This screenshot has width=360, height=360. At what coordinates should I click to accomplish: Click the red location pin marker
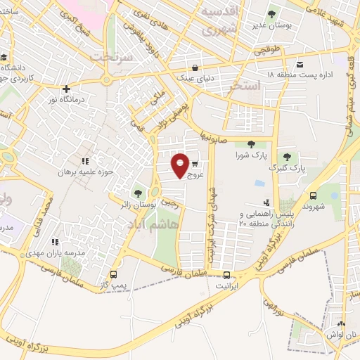pos(181,165)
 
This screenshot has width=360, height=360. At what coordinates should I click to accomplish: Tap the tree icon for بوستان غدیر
pos(272,13)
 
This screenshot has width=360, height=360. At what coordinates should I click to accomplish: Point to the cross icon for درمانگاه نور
pos(66,89)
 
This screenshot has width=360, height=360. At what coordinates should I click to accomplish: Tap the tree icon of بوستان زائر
pos(137,191)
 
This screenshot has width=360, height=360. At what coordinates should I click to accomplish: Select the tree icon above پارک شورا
pos(251,144)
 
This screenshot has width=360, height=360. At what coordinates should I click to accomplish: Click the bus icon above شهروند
pos(313,196)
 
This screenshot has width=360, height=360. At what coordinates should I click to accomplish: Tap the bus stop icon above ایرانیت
pos(226,275)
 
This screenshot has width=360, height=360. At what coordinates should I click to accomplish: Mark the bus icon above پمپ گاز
pos(115,274)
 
